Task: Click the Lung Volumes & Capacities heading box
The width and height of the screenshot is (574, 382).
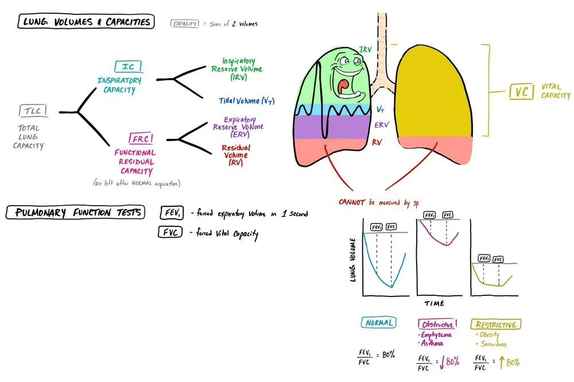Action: tap(86, 22)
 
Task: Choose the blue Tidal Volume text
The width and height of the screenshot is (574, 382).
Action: tap(246, 101)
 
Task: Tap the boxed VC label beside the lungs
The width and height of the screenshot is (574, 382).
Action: tap(521, 92)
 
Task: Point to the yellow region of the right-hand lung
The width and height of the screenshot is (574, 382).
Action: tap(437, 92)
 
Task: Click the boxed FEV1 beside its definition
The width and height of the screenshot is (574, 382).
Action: tap(170, 213)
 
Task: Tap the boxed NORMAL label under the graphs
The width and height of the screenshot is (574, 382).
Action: tap(379, 323)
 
